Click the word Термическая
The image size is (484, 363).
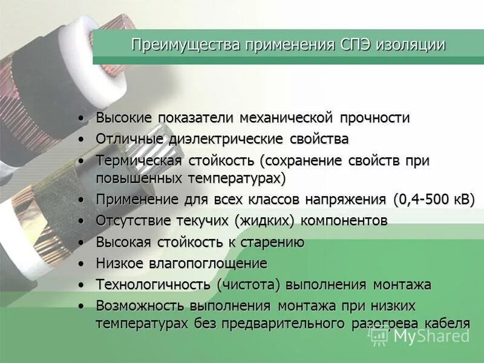(x=139, y=161)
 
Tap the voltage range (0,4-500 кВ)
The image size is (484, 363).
(x=434, y=199)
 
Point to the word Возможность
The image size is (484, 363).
(x=142, y=306)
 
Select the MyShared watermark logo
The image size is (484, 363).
(x=424, y=336)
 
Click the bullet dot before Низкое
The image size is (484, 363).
(x=82, y=264)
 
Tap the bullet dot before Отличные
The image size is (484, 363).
(x=82, y=139)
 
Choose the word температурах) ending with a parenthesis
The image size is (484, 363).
(x=236, y=178)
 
